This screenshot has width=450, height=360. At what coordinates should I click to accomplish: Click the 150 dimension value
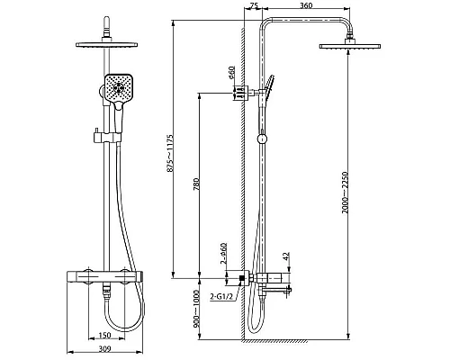(104, 335)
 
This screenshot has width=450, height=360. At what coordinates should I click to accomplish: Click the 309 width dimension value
(104, 349)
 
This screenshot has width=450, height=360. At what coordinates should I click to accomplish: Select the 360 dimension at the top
(306, 5)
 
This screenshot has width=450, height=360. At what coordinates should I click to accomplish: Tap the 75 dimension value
(254, 5)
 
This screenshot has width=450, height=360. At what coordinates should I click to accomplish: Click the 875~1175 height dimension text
(170, 153)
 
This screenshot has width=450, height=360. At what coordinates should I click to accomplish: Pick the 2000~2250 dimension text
(345, 193)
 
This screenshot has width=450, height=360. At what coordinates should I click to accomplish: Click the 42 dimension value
(286, 256)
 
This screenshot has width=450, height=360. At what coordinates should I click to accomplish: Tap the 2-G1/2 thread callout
(220, 297)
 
